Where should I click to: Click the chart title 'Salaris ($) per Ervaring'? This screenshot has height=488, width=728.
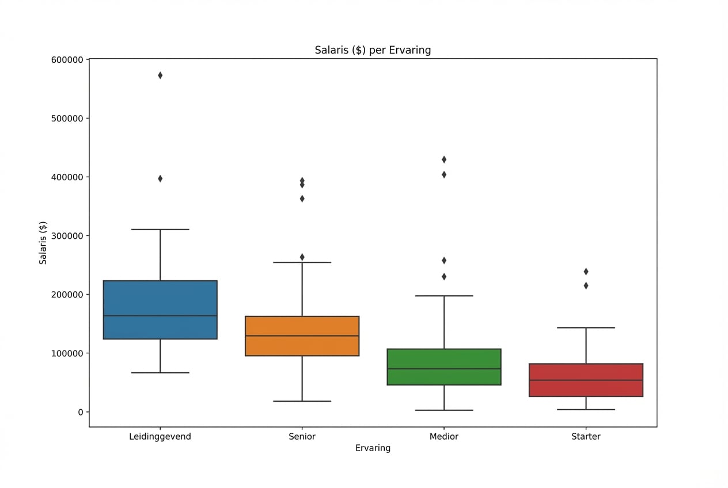373,50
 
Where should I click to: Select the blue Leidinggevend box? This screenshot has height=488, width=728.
160,310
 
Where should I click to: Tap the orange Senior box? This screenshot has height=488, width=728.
302,336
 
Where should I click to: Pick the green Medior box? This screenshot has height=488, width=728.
444,367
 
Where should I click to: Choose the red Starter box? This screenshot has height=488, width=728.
586,380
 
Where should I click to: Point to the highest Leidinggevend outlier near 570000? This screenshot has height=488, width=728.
160,75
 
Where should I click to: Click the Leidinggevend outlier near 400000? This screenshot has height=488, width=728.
160,178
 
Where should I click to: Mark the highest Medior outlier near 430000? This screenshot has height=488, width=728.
444,159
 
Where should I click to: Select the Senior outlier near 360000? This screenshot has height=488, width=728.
302,199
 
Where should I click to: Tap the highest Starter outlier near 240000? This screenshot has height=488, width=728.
586,271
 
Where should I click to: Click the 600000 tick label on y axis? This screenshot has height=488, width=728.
68,60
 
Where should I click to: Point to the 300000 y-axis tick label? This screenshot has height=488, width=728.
68,236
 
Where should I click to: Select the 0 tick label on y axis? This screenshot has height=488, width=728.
81,412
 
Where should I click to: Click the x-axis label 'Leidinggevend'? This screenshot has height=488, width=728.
160,437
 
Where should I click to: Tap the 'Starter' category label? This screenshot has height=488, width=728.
586,437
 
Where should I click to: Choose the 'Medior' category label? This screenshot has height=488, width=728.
444,437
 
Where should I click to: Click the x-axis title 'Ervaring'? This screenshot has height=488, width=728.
373,448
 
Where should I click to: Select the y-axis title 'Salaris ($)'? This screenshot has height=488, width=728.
43,243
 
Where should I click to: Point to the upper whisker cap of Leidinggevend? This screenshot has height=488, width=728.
160,230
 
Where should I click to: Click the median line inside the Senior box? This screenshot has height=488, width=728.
302,335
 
